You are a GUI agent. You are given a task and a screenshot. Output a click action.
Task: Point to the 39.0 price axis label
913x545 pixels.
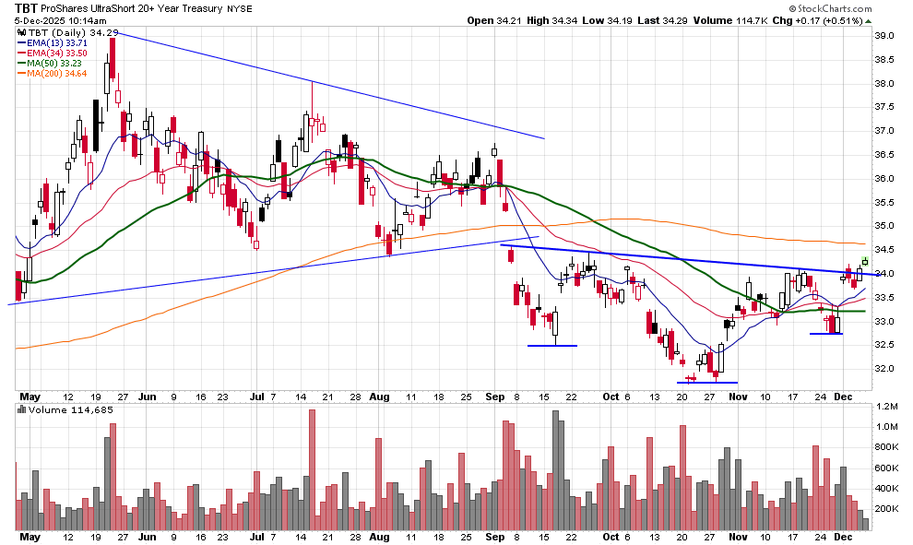[x=884, y=36]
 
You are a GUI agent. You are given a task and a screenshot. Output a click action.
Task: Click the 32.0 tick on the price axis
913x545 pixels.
[x=884, y=369]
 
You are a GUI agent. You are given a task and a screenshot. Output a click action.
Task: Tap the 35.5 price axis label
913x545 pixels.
[x=884, y=202]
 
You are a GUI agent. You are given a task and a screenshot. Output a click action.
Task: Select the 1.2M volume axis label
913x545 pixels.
[x=886, y=407]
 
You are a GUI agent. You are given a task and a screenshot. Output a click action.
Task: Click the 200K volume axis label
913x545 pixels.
[x=886, y=509]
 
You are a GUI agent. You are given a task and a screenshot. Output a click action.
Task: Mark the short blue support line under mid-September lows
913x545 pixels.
[x=552, y=346]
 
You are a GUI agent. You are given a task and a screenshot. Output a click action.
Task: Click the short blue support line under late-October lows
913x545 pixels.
[x=707, y=382]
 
